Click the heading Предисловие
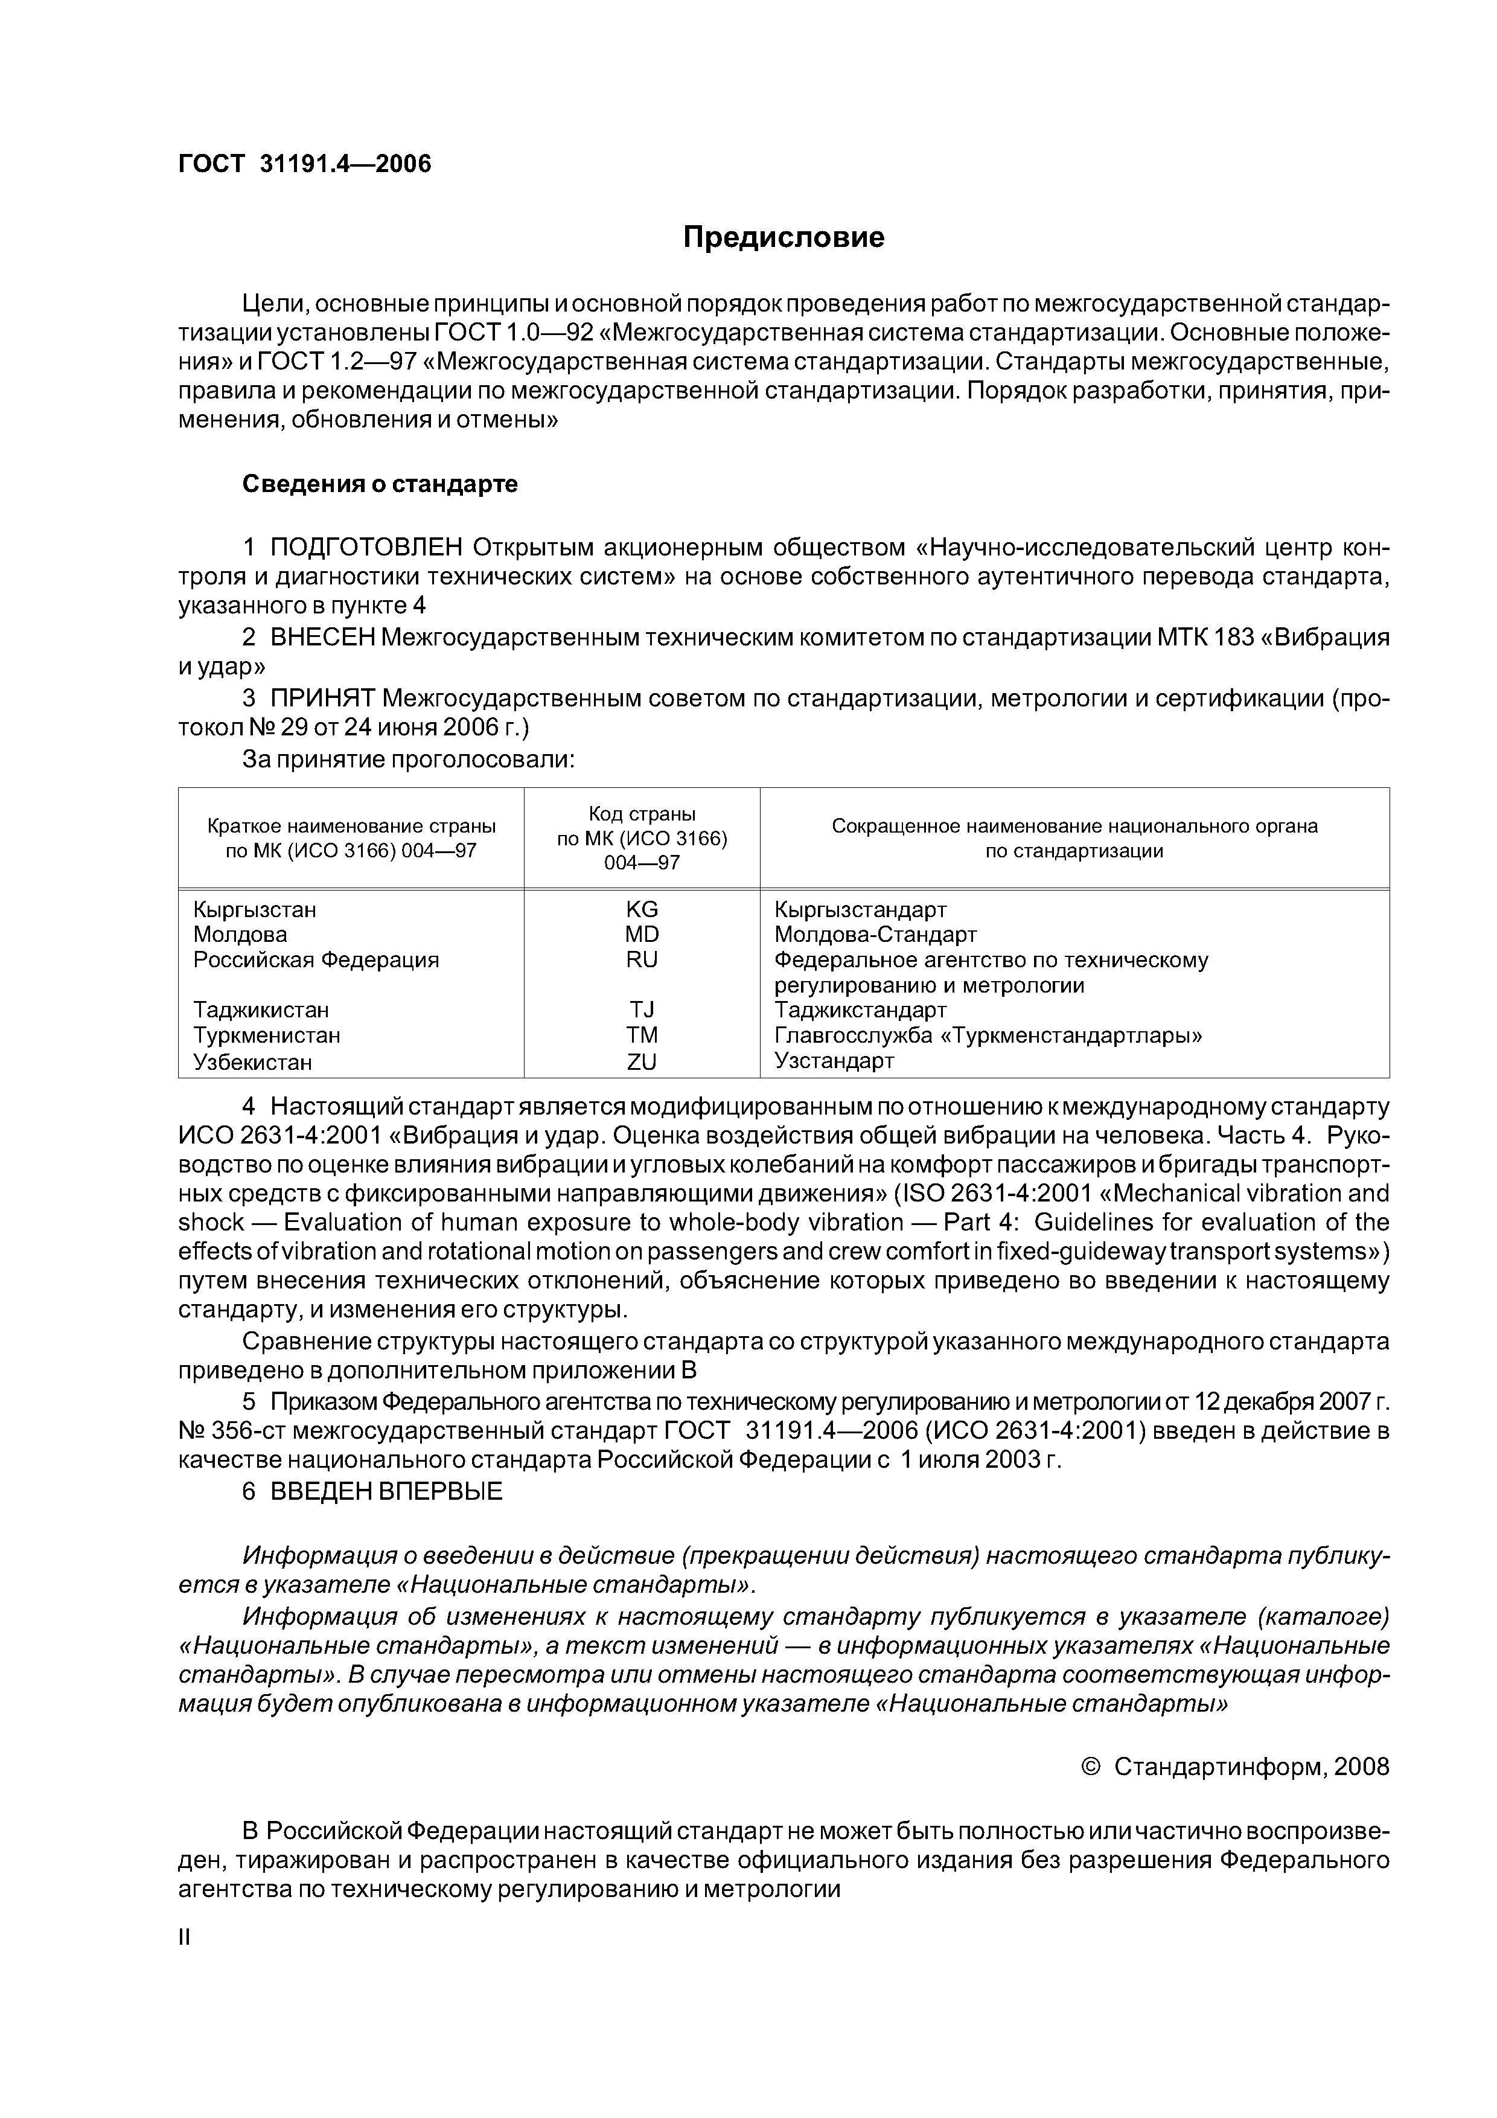[783, 238]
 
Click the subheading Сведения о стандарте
[380, 484]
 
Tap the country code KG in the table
[642, 909]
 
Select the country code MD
[642, 935]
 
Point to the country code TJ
[642, 1010]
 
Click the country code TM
[642, 1035]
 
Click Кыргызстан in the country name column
[255, 909]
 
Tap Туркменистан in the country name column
[267, 1035]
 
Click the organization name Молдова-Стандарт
[875, 935]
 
